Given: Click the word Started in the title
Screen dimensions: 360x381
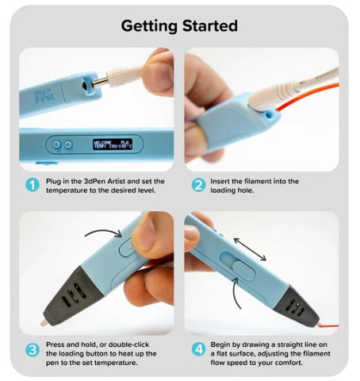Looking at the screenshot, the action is tap(210, 25).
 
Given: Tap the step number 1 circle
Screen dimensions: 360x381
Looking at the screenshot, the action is tap(33, 185).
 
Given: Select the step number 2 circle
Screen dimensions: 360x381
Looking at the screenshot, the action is tap(198, 185).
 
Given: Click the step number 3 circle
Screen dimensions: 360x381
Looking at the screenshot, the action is tap(33, 350).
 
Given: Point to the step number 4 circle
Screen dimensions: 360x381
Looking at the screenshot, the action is tap(198, 349).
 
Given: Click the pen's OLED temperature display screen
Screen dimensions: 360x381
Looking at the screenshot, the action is tap(113, 144).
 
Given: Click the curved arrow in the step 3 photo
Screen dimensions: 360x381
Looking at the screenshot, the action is tap(104, 231).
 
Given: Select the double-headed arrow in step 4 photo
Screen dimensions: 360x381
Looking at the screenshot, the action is tap(250, 249).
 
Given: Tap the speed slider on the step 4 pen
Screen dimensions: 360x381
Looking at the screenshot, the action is tap(243, 270).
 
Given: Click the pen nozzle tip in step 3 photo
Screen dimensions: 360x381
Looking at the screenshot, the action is tap(44, 322).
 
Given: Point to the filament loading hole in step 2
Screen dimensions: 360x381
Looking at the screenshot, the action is tap(270, 114).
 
